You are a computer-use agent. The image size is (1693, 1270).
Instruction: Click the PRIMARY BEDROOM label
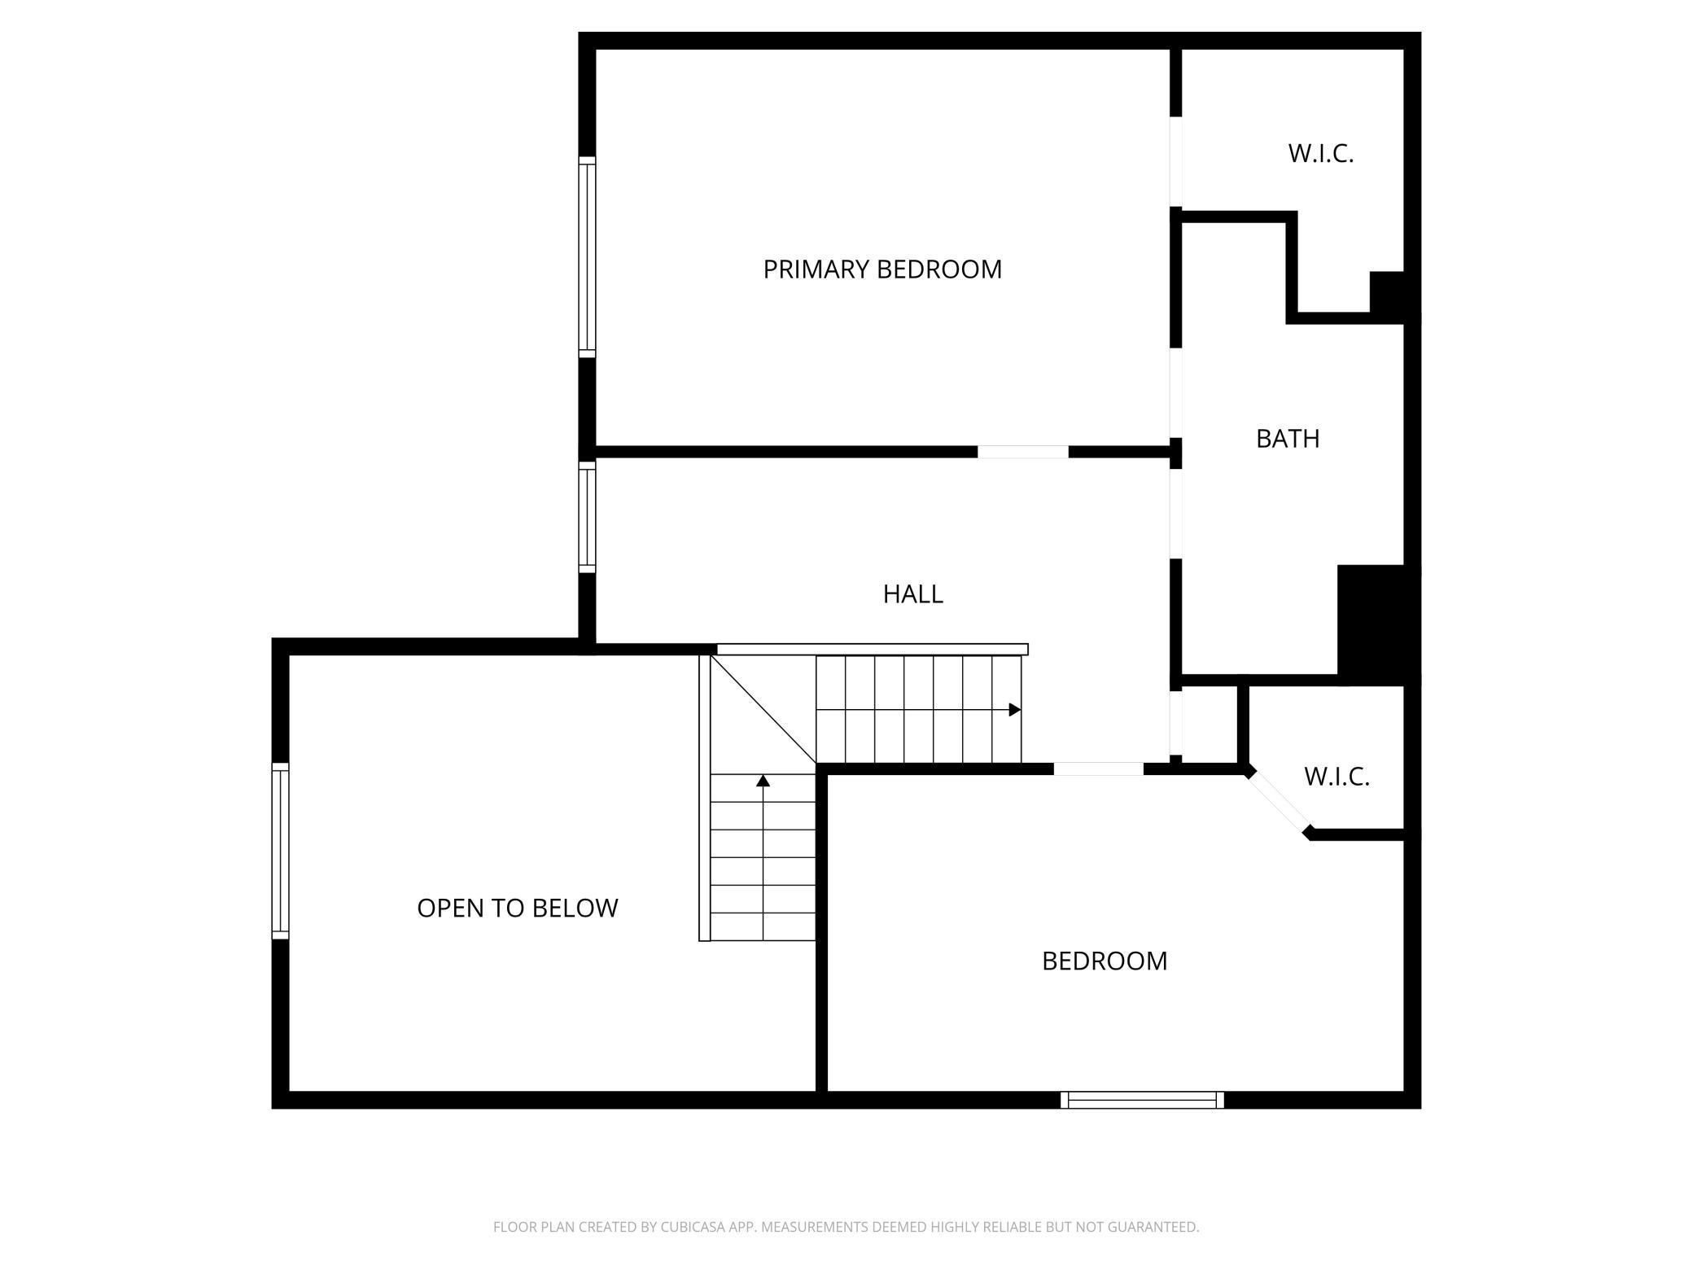(882, 269)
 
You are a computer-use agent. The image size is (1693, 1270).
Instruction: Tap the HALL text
(912, 594)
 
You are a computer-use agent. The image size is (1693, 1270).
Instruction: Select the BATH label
(1287, 439)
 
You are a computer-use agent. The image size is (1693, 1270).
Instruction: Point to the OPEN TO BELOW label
(517, 908)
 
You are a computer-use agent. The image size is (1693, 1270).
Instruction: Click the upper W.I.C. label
(1320, 153)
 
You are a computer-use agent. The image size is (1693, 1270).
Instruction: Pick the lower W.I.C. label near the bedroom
(1336, 777)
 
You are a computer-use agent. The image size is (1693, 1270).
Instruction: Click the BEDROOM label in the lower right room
(1104, 961)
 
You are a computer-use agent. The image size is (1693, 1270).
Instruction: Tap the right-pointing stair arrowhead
(1014, 710)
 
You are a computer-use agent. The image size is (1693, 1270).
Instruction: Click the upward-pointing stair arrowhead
(763, 782)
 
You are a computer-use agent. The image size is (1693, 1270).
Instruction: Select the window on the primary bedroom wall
(587, 257)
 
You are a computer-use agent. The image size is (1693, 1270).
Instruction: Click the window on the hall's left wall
(587, 517)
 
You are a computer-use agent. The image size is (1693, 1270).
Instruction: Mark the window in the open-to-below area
(280, 851)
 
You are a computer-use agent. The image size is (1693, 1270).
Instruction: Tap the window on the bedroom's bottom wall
(1142, 1100)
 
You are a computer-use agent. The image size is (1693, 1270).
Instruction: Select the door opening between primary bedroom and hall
(1022, 452)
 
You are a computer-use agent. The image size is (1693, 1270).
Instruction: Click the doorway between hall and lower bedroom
(1098, 769)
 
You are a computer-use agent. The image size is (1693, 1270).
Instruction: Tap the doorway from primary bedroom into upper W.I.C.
(1175, 161)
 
